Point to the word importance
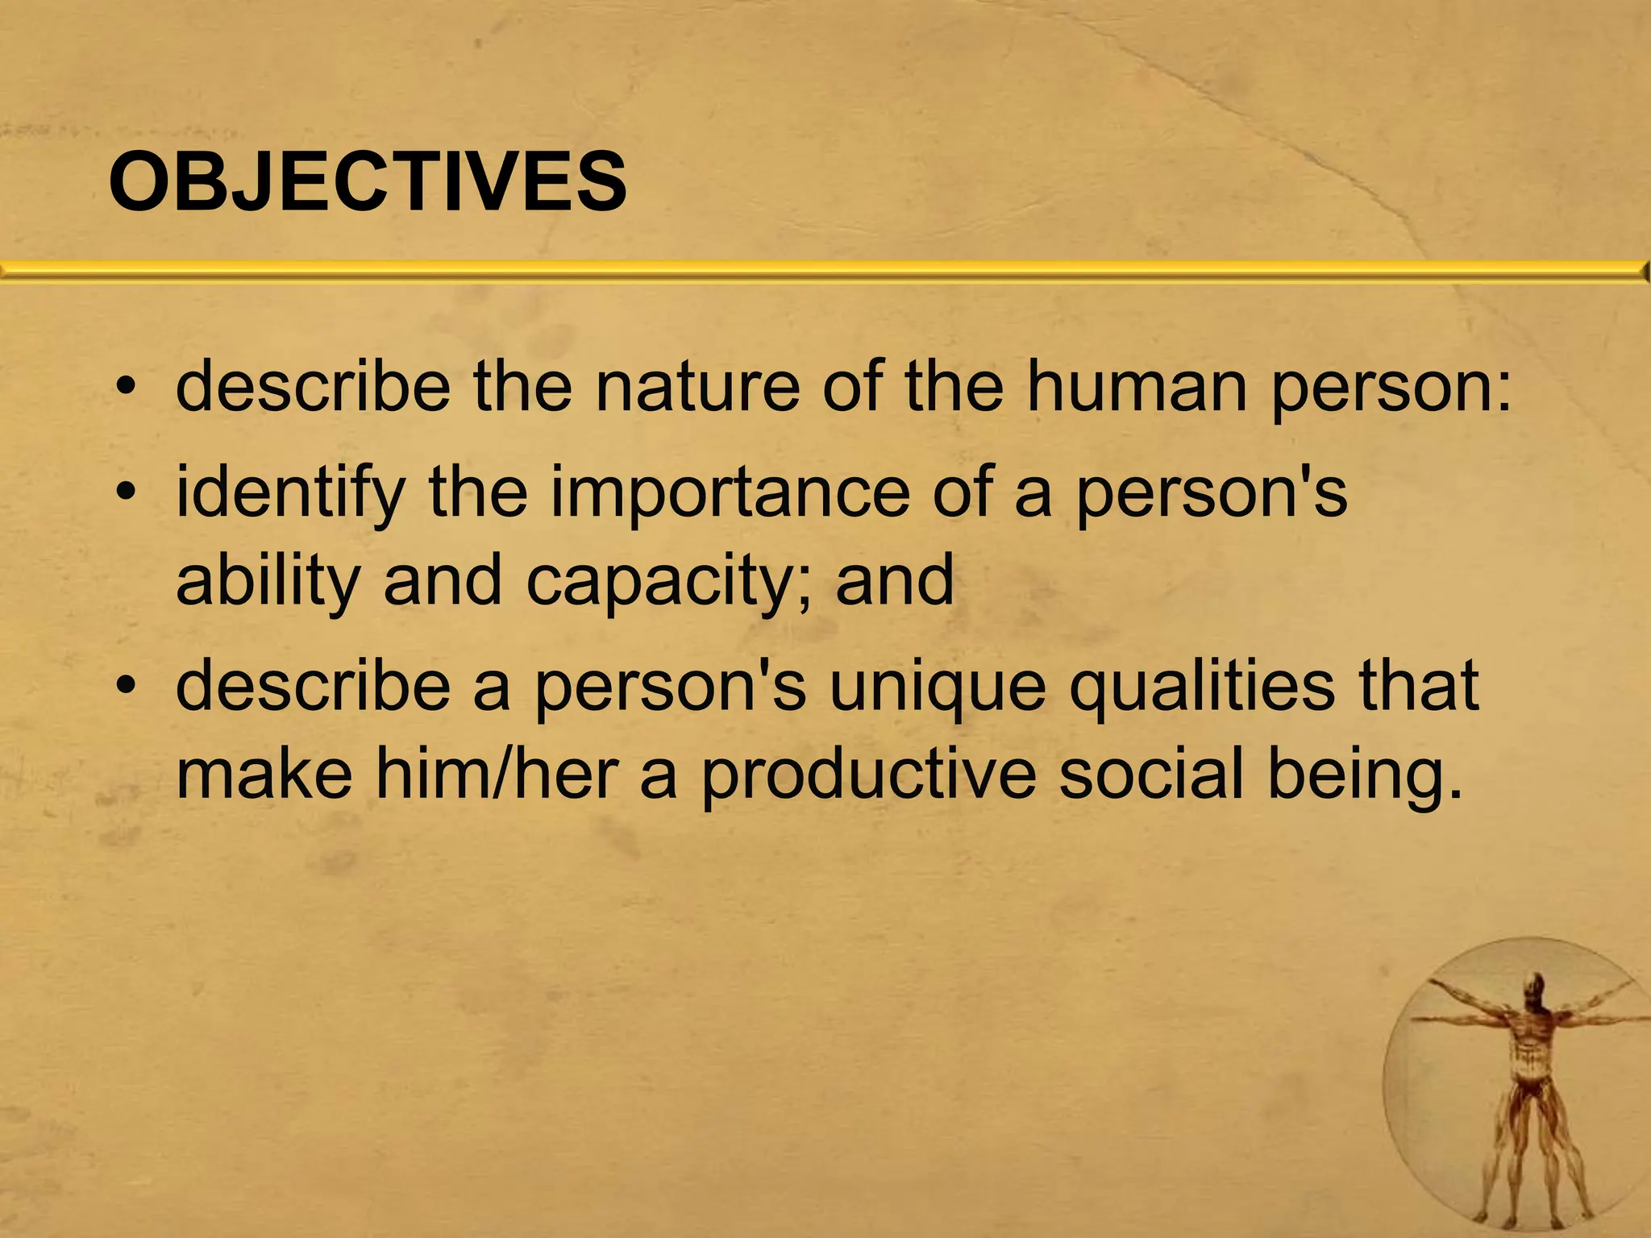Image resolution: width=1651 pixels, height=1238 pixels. coord(730,493)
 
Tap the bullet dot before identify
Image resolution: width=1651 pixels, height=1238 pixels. coord(124,493)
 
